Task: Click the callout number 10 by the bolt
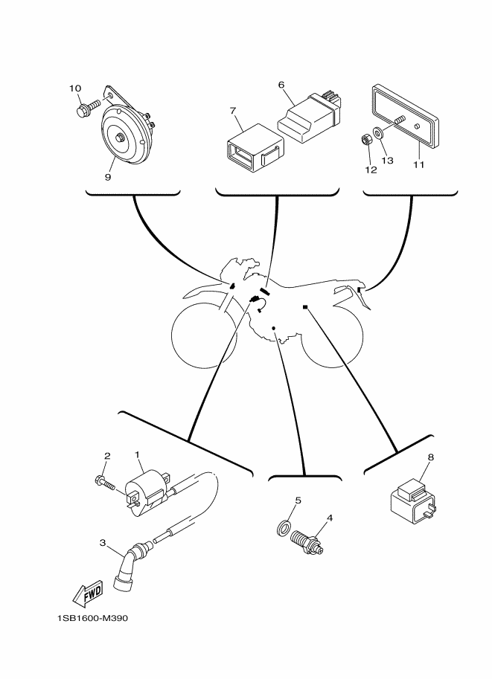pyautogui.click(x=75, y=89)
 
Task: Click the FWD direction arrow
pyautogui.click(x=87, y=593)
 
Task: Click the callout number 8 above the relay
pyautogui.click(x=429, y=458)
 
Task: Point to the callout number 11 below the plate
pyautogui.click(x=418, y=164)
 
